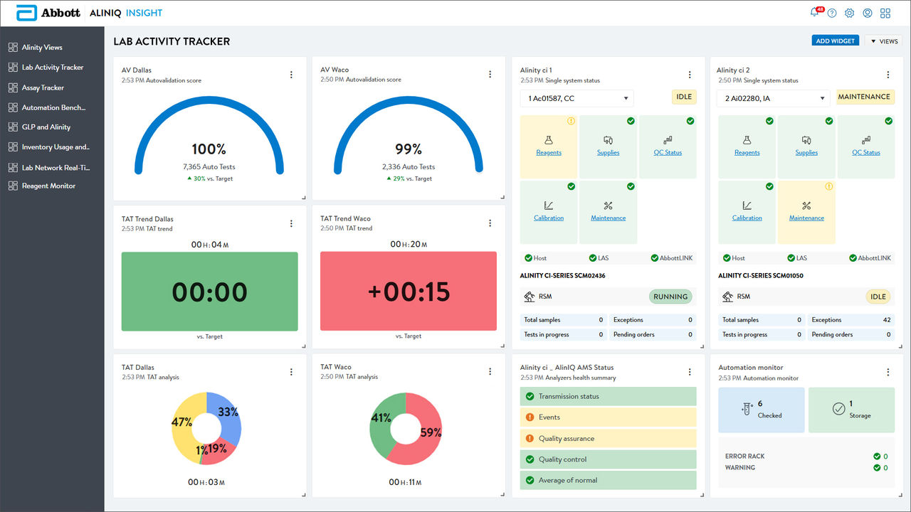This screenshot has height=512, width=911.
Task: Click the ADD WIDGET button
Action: (x=835, y=41)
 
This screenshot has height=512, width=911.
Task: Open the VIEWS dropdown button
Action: (x=883, y=41)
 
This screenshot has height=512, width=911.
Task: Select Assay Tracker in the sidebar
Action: (x=43, y=87)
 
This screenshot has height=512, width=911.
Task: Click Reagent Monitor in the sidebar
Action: (x=48, y=186)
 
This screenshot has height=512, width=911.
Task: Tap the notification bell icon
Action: (x=814, y=13)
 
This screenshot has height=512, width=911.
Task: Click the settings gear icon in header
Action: (x=849, y=13)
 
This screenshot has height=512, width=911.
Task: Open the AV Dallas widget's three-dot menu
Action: (x=291, y=75)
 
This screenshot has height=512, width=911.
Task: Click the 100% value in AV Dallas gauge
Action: (x=209, y=149)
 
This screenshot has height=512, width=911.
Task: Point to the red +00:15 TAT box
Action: (x=409, y=292)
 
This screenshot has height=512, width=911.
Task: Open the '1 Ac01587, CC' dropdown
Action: (x=576, y=98)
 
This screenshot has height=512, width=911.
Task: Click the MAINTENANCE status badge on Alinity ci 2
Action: (x=864, y=97)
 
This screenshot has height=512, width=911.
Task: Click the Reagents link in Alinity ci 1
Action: (x=549, y=152)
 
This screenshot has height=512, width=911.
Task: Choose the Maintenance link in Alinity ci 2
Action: (x=806, y=218)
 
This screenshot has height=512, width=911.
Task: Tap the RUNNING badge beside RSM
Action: (x=670, y=297)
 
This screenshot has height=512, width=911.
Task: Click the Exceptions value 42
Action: (x=887, y=320)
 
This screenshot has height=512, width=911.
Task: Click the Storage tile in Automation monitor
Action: (x=851, y=410)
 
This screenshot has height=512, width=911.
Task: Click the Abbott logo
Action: (x=48, y=13)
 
